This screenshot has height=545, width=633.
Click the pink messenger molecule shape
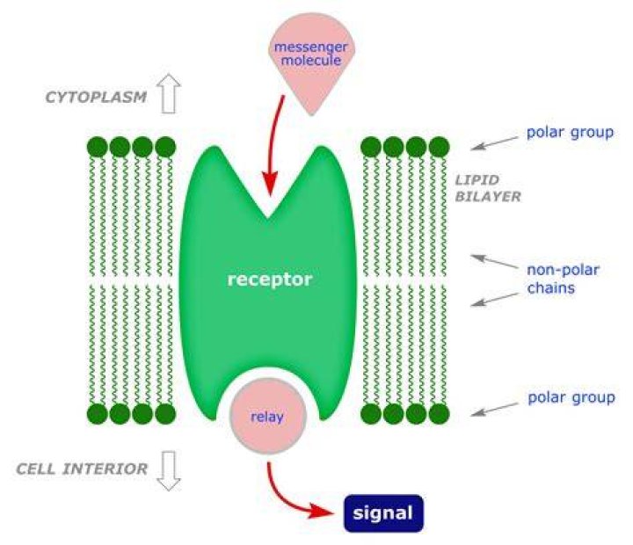pyautogui.click(x=311, y=61)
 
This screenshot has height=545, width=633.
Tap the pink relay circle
pyautogui.click(x=267, y=416)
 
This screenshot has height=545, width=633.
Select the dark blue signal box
pyautogui.click(x=383, y=513)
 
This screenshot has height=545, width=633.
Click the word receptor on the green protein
pyautogui.click(x=270, y=280)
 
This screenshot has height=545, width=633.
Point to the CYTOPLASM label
pyautogui.click(x=96, y=98)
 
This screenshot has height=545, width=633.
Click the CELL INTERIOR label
pyautogui.click(x=82, y=469)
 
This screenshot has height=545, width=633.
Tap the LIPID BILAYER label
pyautogui.click(x=488, y=188)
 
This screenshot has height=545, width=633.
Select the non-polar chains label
pyautogui.click(x=563, y=279)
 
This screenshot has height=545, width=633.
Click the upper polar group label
pyautogui.click(x=570, y=133)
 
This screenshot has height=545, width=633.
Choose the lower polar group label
pyautogui.click(x=571, y=397)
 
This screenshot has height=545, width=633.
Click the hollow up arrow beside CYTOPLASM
pyautogui.click(x=169, y=93)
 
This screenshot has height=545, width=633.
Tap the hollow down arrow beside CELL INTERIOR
pyautogui.click(x=169, y=470)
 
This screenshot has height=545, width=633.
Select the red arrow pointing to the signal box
pyautogui.click(x=287, y=500)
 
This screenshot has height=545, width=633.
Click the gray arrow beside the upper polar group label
pyautogui.click(x=494, y=143)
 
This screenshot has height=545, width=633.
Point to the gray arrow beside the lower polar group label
pyautogui.click(x=494, y=410)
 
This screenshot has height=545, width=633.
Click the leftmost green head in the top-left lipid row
pyautogui.click(x=98, y=147)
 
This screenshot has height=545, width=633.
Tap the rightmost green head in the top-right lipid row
pyautogui.click(x=440, y=147)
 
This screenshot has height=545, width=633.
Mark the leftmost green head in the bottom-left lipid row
pyautogui.click(x=98, y=414)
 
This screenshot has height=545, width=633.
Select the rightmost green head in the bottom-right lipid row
pyautogui.click(x=440, y=414)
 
